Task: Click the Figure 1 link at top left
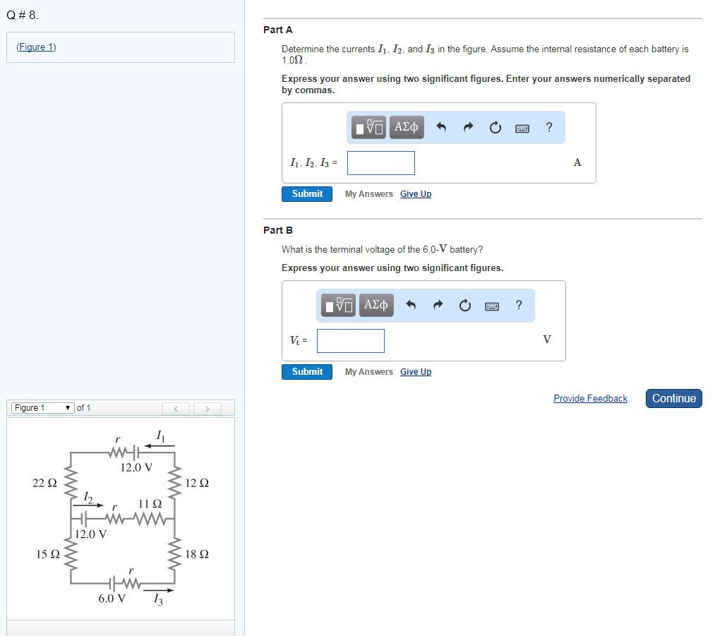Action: (x=36, y=47)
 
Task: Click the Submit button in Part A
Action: (x=307, y=193)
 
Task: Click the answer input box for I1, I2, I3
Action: (x=380, y=163)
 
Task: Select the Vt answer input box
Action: (x=351, y=341)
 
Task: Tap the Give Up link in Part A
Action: (x=415, y=194)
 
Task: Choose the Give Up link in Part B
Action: (x=415, y=372)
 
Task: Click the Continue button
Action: (x=673, y=398)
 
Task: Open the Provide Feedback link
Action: (x=590, y=399)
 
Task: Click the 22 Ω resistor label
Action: (x=44, y=484)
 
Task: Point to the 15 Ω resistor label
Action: (x=47, y=554)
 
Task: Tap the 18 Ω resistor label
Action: (x=197, y=554)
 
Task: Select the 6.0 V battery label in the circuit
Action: (x=112, y=599)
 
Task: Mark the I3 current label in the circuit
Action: (x=158, y=600)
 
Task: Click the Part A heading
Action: (x=277, y=30)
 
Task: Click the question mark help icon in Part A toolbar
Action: (x=549, y=127)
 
